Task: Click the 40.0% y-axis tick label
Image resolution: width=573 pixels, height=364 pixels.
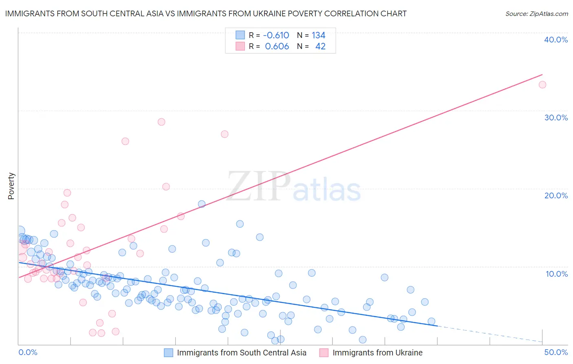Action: coord(556,40)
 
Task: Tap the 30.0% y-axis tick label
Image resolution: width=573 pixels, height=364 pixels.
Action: coord(556,118)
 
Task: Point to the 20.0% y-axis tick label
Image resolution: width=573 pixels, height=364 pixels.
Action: coord(556,195)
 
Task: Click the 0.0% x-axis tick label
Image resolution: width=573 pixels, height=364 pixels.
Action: coord(28,352)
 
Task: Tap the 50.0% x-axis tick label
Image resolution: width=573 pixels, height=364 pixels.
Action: coord(556,352)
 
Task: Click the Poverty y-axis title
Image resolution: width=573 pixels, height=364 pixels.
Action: coord(11,186)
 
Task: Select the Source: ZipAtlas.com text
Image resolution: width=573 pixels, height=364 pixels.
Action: coord(536,14)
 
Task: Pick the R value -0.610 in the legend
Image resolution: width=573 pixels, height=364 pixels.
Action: coord(276,36)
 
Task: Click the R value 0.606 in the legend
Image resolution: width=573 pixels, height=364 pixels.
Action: coord(277,47)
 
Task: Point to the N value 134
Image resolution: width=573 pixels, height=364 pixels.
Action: coord(318,36)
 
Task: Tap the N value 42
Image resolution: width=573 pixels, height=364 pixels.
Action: coord(320,47)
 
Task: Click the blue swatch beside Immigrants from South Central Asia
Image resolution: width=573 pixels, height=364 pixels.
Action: coord(169,353)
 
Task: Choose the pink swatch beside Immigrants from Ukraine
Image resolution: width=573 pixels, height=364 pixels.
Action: coord(324,353)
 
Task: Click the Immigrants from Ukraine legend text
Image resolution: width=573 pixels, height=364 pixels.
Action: coord(377,353)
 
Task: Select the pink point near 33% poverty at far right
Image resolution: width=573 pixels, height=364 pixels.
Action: coord(542,85)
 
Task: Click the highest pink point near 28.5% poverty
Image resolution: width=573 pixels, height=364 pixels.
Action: coord(161,122)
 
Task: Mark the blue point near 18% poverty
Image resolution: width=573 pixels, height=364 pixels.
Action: coord(201,204)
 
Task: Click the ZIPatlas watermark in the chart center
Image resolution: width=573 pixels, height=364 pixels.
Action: coord(293,187)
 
